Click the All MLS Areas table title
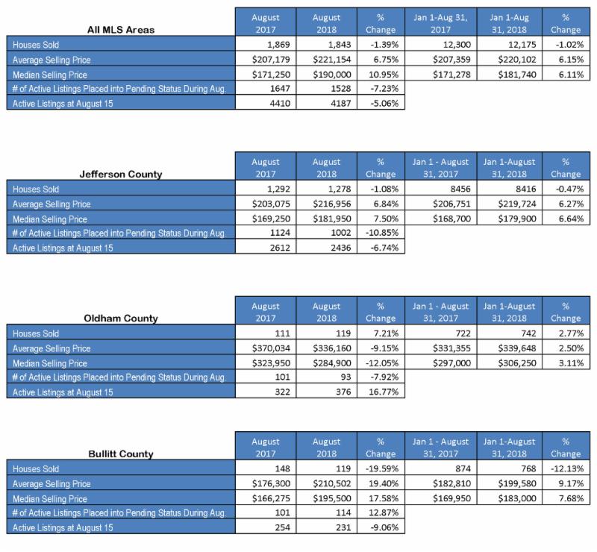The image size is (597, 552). click(121, 30)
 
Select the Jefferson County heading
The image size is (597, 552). click(121, 174)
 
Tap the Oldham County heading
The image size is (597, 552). click(121, 319)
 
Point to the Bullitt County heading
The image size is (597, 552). click(121, 454)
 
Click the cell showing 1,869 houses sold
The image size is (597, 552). click(266, 44)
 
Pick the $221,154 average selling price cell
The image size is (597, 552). click(327, 59)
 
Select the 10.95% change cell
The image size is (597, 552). click(381, 74)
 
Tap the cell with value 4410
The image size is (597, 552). click(266, 103)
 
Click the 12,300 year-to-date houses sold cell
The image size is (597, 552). click(441, 44)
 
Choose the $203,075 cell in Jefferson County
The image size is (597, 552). click(266, 204)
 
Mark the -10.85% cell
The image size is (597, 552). click(381, 232)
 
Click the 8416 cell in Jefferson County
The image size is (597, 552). click(510, 189)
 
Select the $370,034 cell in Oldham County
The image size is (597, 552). click(266, 348)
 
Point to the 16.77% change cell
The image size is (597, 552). click(381, 392)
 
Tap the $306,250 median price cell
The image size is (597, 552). click(510, 363)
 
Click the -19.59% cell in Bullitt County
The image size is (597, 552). click(381, 468)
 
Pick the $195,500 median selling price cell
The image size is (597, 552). click(327, 498)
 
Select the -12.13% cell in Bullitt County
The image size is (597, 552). click(566, 468)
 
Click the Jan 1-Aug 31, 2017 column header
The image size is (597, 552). click(441, 23)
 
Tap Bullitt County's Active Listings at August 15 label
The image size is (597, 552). click(63, 527)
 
